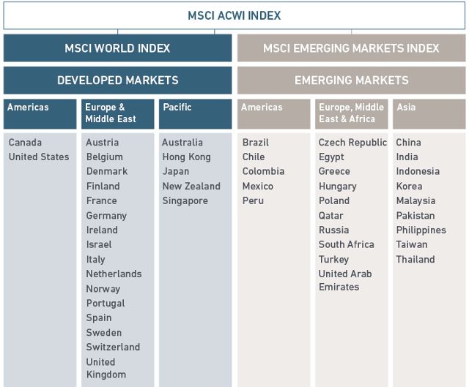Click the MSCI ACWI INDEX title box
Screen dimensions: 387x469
[x=234, y=16]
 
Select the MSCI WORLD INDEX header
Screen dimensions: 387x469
[x=117, y=48]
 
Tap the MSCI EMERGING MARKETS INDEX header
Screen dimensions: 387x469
[x=351, y=48]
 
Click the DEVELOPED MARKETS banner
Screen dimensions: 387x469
[x=117, y=80]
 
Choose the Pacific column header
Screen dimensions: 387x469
[x=195, y=113]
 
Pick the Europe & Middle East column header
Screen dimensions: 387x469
[x=117, y=113]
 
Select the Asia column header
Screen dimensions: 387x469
[x=429, y=113]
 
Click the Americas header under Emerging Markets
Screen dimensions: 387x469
[x=274, y=113]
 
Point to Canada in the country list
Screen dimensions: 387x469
[x=26, y=143]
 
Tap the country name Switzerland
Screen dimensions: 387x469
[x=113, y=347]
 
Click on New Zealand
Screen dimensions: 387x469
[x=191, y=187]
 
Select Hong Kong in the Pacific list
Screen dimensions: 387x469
[x=186, y=157]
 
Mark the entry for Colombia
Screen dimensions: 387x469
[x=263, y=172]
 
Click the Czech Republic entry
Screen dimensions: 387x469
[x=352, y=143]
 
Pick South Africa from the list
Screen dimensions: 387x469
[x=346, y=245]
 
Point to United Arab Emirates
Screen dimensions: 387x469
[x=345, y=281]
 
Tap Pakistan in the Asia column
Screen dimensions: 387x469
[x=416, y=216]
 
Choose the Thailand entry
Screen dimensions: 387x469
[x=416, y=260]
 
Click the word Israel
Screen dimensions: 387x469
[x=99, y=245]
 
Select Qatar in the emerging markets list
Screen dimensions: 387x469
[x=330, y=216]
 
